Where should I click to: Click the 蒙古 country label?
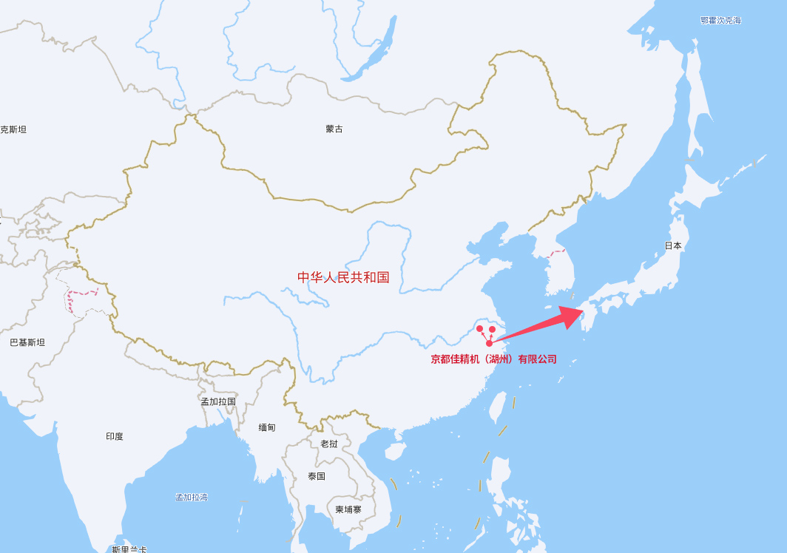[334, 129]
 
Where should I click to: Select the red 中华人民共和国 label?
[343, 277]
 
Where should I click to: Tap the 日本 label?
[673, 245]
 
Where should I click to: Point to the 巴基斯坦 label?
[27, 342]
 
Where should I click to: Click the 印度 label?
[115, 436]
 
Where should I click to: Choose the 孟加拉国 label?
[218, 401]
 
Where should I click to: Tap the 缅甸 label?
[267, 427]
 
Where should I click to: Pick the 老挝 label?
[329, 444]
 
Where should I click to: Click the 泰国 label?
[317, 476]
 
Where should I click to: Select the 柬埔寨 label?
[348, 509]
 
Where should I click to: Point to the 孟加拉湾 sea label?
[192, 497]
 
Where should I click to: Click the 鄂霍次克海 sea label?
[720, 21]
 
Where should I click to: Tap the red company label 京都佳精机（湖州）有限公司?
[494, 359]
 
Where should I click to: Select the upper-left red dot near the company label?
[479, 328]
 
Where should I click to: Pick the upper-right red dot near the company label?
[493, 329]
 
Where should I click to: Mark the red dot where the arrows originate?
[490, 343]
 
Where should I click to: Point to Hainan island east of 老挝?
[394, 451]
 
